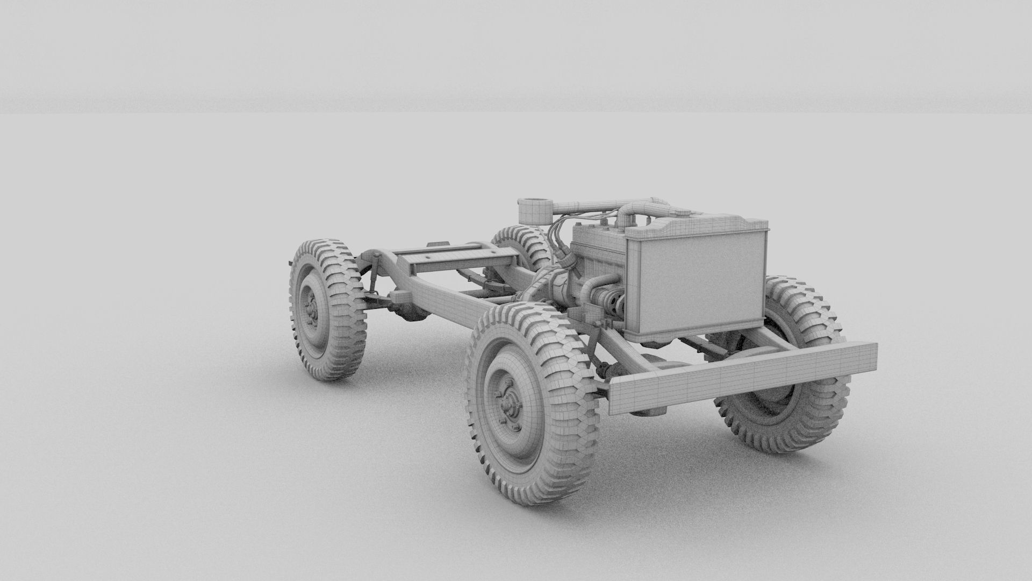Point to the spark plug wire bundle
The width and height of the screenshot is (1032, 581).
[559, 242]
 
